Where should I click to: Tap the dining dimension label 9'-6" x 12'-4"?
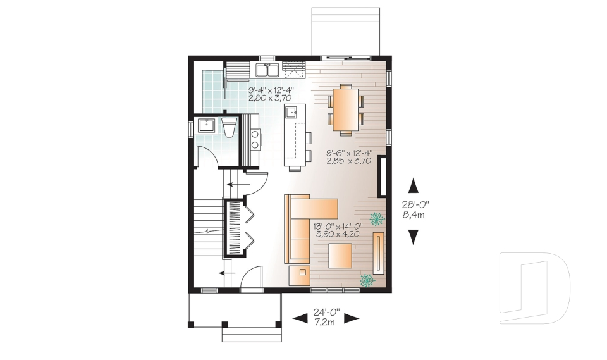[350, 157]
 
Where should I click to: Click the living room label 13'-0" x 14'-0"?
[338, 229]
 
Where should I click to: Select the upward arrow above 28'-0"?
[414, 185]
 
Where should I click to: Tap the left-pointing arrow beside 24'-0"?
[300, 318]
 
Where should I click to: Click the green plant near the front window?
[367, 280]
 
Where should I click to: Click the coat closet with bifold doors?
[235, 228]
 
